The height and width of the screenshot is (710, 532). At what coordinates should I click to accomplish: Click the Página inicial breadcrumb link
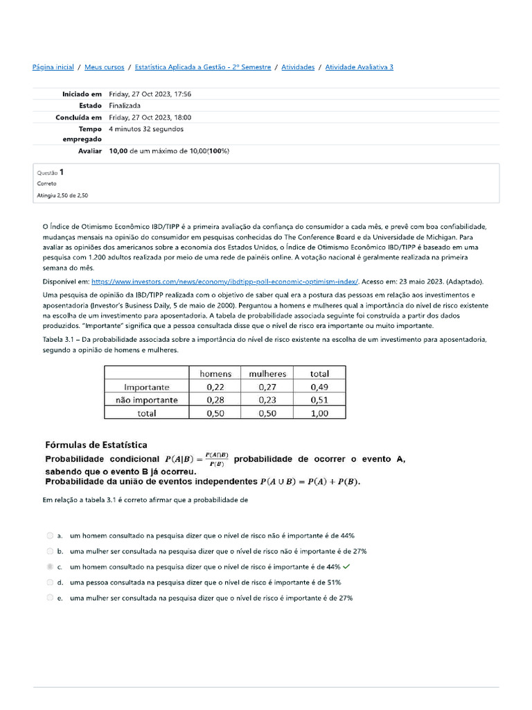[53, 67]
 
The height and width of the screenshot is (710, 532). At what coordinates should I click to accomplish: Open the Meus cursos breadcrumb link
[105, 67]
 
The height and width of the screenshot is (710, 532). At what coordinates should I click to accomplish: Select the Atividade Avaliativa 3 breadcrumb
[359, 67]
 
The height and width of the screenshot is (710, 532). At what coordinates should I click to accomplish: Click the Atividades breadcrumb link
[298, 67]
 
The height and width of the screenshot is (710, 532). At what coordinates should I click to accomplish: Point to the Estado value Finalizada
[125, 106]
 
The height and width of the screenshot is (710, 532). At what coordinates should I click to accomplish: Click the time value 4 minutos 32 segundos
[146, 129]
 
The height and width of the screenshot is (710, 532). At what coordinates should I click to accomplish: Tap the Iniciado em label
[82, 94]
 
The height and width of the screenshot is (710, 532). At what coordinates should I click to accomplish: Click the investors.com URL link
[225, 282]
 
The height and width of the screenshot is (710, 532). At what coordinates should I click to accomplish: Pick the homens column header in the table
[215, 374]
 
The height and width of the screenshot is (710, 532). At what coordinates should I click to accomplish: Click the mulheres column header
[267, 374]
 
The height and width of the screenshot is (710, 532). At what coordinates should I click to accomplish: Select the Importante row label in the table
[146, 387]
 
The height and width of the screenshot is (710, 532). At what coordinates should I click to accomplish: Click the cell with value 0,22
[215, 387]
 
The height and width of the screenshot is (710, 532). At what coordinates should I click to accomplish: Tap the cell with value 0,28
[215, 400]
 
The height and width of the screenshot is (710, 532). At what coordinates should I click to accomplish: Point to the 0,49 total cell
[319, 387]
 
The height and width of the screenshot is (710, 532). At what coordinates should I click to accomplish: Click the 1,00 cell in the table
[319, 413]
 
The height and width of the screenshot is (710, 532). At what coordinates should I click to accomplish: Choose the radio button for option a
[50, 536]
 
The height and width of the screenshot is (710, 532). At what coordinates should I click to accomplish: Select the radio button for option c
[50, 566]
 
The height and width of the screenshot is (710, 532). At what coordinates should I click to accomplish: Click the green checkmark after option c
[346, 566]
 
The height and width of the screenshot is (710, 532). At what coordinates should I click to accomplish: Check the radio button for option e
[50, 598]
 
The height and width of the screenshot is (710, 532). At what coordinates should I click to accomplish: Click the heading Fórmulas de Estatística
[96, 445]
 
